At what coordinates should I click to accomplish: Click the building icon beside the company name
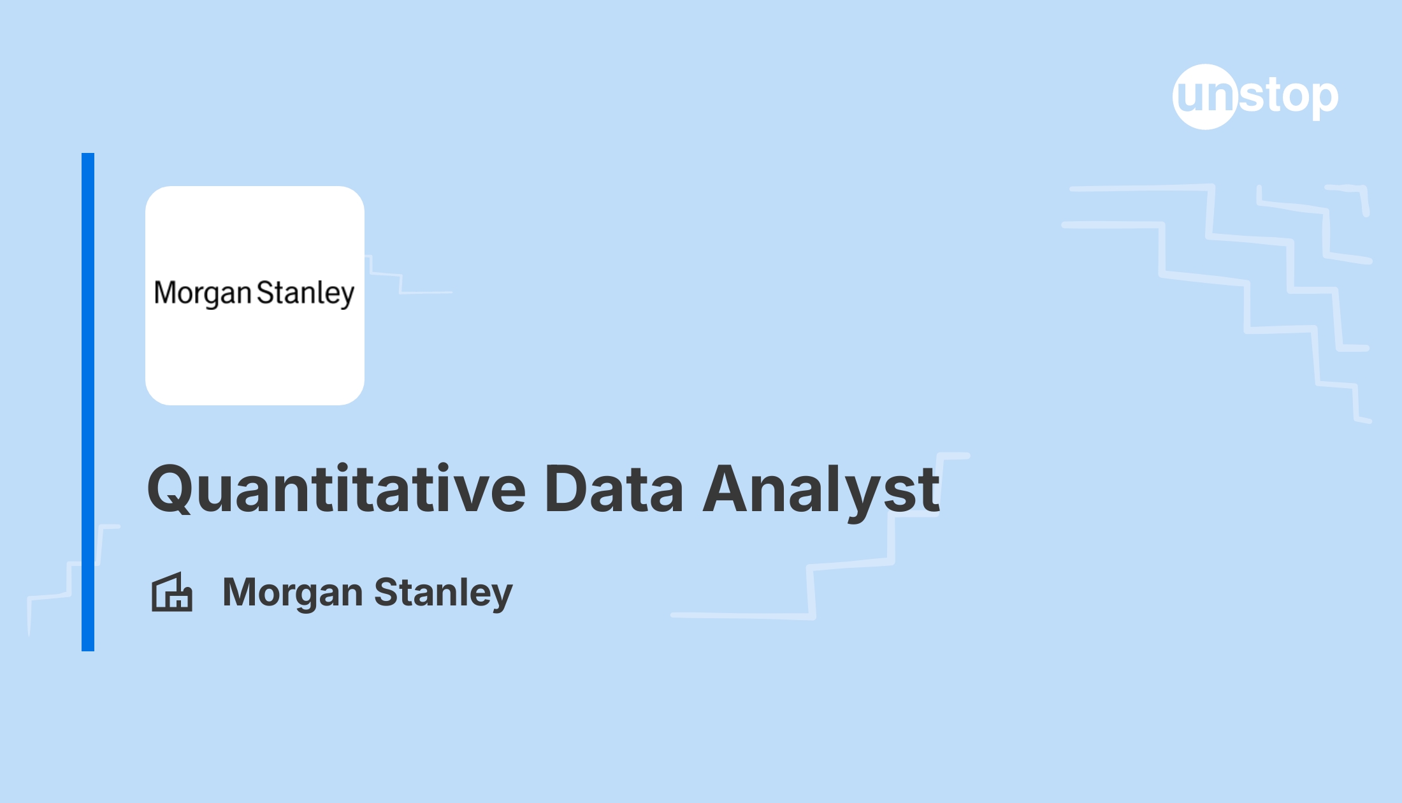tap(172, 592)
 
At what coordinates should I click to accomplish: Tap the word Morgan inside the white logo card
tap(203, 294)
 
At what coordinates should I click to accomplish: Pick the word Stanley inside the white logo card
tap(305, 294)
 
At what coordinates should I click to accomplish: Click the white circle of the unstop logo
tap(1206, 97)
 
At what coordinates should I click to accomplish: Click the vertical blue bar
tap(88, 402)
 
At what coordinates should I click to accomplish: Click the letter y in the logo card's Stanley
tap(347, 298)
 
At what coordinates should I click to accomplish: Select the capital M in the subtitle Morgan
tap(240, 592)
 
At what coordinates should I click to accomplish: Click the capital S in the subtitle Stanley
tap(387, 592)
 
